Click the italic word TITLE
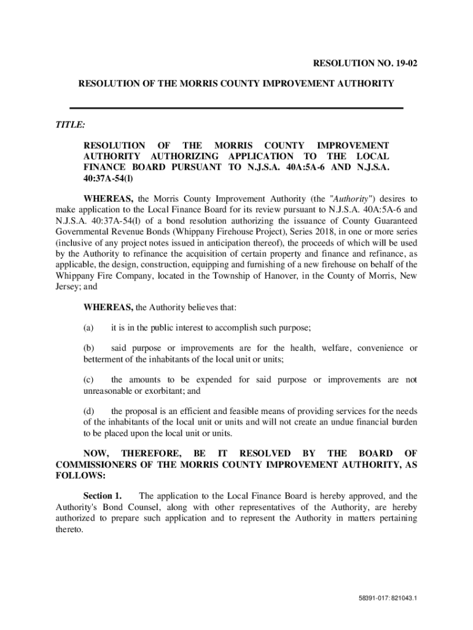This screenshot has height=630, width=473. (x=70, y=124)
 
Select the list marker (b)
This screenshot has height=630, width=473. (x=89, y=348)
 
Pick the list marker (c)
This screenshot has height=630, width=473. (x=89, y=380)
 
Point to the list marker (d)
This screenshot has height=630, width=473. (x=89, y=411)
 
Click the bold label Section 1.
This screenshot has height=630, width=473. (x=103, y=496)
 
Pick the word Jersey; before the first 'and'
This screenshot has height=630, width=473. (x=69, y=287)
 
